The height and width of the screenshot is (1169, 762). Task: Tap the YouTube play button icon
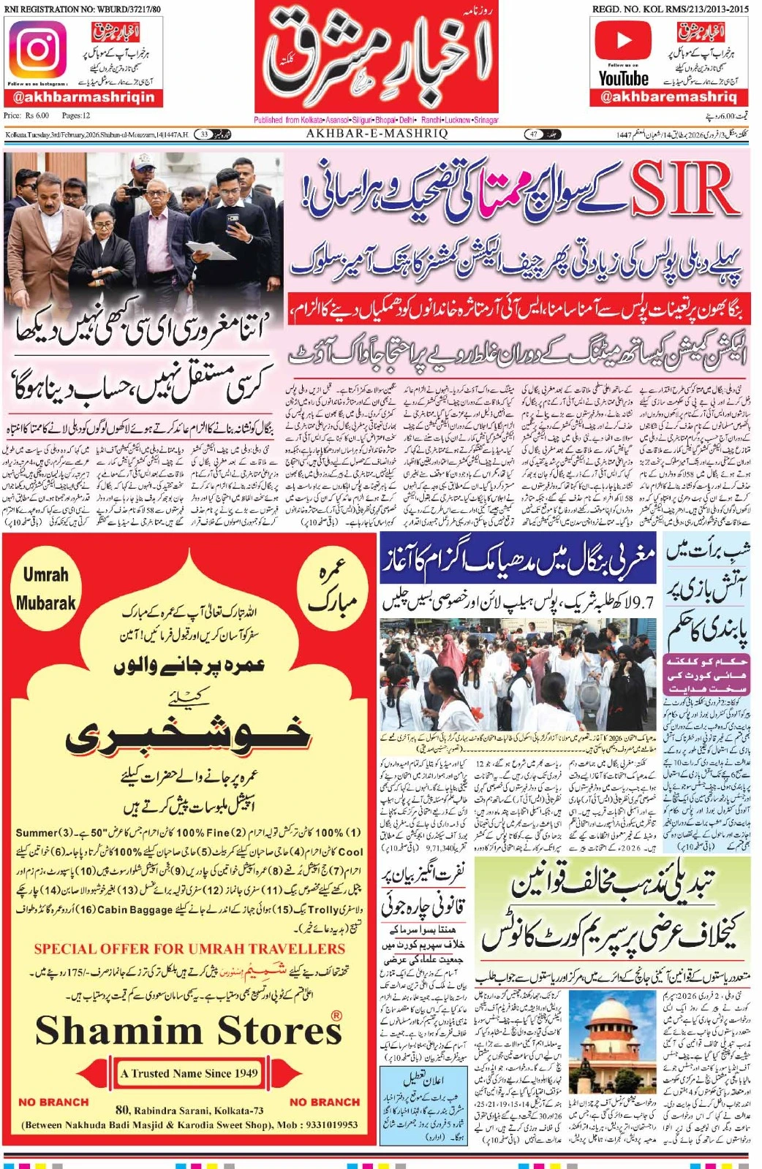(622, 40)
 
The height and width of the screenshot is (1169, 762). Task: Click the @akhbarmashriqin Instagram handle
(83, 97)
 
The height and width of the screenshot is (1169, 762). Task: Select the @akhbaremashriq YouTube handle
(668, 96)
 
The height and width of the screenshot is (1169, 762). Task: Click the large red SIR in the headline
(684, 189)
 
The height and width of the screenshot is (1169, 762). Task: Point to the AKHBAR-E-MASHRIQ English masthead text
(377, 134)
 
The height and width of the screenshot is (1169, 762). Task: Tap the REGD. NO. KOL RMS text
(671, 9)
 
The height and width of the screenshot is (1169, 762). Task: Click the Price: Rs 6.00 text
(26, 115)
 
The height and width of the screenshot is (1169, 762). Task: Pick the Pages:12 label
(76, 115)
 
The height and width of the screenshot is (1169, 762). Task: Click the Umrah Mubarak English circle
(45, 589)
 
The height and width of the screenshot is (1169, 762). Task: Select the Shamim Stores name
(189, 1030)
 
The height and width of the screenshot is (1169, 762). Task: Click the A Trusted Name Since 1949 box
(189, 1073)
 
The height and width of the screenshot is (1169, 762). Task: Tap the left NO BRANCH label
(53, 1102)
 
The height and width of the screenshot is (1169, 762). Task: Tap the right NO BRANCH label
(325, 1102)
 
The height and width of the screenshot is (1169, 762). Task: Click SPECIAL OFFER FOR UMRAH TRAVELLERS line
(189, 949)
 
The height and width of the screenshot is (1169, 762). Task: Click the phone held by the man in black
(233, 218)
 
